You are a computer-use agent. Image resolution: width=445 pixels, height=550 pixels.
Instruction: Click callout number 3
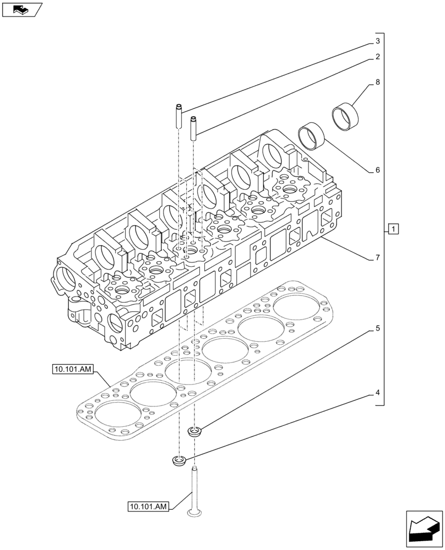378,41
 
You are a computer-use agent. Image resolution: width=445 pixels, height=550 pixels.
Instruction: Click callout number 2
378,57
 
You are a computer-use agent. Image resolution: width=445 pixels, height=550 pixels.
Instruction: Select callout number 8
378,82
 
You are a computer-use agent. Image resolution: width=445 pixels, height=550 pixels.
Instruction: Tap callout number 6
378,170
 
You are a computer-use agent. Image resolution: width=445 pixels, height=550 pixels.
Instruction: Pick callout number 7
378,257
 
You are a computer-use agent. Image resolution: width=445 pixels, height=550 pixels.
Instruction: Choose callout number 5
378,329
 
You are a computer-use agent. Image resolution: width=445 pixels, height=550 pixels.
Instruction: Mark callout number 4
378,393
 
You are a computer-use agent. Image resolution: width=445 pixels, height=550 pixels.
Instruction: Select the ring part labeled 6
312,135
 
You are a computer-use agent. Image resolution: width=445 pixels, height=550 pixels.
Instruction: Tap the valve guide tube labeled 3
179,116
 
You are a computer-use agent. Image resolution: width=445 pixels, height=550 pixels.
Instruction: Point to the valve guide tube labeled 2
194,128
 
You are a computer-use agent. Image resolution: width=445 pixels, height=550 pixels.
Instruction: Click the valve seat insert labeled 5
194,432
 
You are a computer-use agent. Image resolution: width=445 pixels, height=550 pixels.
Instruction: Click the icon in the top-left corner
21,9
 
